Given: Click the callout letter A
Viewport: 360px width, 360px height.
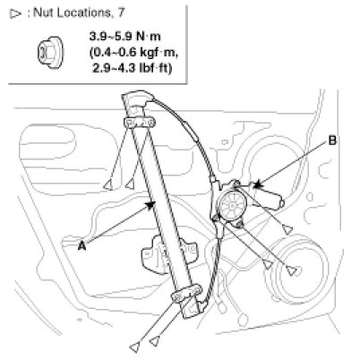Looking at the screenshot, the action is (81, 246).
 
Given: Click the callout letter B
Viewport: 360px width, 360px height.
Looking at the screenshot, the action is (332, 141).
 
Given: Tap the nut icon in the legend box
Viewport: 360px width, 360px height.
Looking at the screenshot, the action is (51, 53).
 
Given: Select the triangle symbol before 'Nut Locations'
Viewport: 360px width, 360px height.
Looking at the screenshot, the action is (15, 13).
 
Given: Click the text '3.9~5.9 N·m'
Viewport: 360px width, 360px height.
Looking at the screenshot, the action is (124, 37).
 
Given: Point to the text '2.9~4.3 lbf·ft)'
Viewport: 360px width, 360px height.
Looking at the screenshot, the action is (133, 68).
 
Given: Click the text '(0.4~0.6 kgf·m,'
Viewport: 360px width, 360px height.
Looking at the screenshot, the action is (133, 53).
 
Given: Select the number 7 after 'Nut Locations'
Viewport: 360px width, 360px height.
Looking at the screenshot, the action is (121, 13).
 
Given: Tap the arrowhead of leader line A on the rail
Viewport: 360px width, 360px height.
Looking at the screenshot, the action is (150, 204).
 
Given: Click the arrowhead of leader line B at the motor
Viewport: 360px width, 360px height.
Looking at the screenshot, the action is (257, 185).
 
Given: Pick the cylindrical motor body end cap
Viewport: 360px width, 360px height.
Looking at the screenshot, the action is (282, 203).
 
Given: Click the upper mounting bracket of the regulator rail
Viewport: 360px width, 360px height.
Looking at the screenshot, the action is (139, 123).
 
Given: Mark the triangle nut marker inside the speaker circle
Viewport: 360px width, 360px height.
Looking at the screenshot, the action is (292, 271).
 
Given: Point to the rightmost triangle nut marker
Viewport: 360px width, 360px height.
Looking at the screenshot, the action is (288, 230).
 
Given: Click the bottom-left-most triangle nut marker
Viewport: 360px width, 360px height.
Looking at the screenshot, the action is (135, 347).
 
